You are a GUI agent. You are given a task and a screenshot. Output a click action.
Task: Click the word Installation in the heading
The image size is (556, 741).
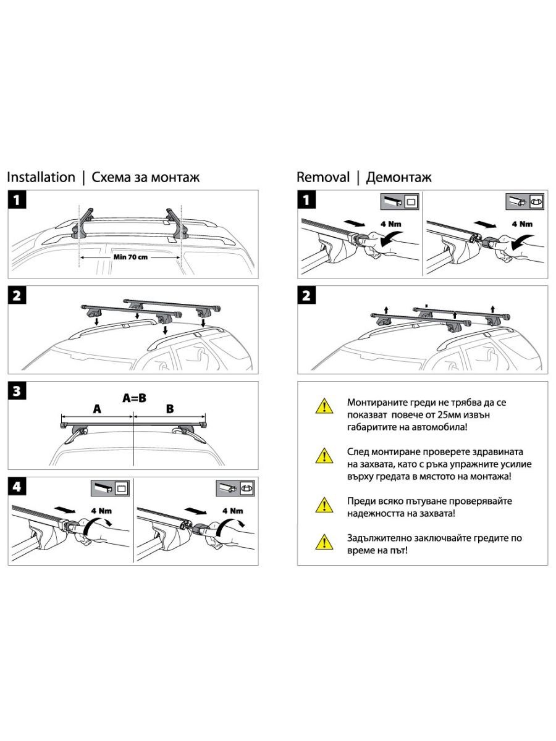41,177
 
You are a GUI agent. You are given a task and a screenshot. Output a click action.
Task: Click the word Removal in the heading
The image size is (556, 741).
323,177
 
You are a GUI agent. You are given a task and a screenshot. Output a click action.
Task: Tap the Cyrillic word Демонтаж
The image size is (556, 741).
399,177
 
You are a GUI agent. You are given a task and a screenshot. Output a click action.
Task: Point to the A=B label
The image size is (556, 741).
134,398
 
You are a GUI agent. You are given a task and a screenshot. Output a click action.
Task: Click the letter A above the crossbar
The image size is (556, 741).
97,409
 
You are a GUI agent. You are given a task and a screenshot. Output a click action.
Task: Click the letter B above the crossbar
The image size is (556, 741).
170,409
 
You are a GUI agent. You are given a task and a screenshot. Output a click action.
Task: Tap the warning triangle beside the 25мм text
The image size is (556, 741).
322,406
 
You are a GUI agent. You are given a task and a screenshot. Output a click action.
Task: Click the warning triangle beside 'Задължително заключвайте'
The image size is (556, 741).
322,542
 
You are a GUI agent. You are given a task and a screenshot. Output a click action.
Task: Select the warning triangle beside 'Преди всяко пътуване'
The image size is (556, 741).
322,505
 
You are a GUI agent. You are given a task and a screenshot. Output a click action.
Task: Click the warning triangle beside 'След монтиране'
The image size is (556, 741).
322,456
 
